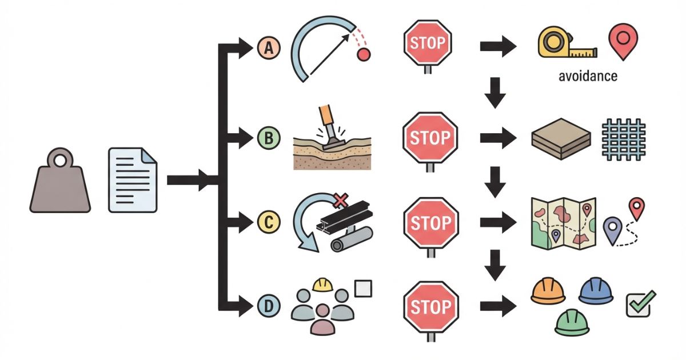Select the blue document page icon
133,179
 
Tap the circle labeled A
268,48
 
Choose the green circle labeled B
268,138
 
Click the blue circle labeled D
268,306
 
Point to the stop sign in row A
428,43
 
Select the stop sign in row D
430,306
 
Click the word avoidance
588,76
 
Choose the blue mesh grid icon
623,139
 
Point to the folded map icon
563,222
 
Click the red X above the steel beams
341,200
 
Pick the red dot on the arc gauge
364,55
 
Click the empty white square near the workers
362,289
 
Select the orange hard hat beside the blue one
548,291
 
